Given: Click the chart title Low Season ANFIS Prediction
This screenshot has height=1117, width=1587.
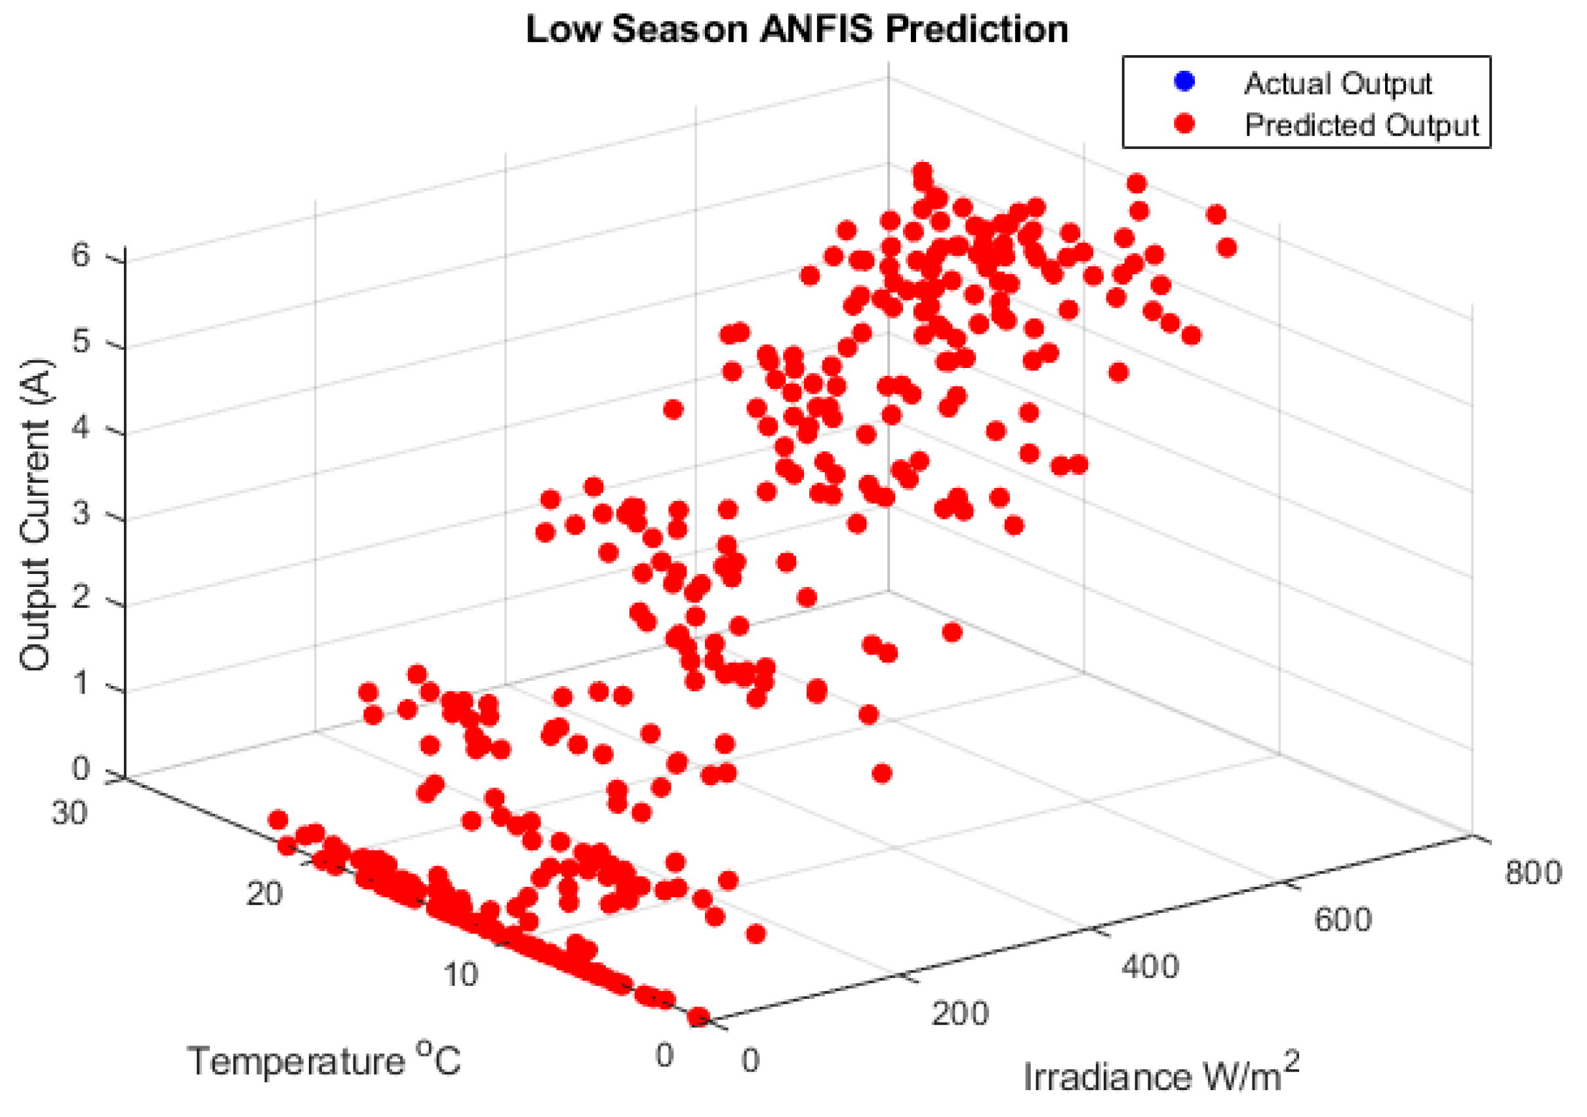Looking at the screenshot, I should (x=796, y=30).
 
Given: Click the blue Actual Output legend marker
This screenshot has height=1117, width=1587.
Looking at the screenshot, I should (x=1184, y=81).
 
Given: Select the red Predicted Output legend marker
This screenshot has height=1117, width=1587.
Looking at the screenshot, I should (x=1184, y=124).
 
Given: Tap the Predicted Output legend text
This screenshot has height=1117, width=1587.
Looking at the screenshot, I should (x=1361, y=125).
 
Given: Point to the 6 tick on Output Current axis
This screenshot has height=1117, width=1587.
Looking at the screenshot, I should (x=80, y=256).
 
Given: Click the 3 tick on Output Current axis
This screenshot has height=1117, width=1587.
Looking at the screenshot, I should (x=80, y=514).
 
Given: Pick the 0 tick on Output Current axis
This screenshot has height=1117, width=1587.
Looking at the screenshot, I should (x=80, y=769).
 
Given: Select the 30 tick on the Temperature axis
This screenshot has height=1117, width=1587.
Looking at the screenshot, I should (x=69, y=813).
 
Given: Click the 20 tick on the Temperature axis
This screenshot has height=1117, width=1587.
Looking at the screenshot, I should (x=265, y=895).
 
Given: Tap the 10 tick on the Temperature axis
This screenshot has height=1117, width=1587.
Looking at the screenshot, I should (x=460, y=975).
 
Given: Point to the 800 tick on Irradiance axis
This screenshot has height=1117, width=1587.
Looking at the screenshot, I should (x=1533, y=873).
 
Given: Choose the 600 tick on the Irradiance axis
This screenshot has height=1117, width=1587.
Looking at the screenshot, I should (x=1342, y=920).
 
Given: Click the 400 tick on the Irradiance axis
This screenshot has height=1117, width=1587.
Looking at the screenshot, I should (x=1150, y=967).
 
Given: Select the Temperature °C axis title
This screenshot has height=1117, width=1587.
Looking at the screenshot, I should (x=323, y=1060).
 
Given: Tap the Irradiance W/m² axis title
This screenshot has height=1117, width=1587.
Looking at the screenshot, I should (x=1161, y=1076).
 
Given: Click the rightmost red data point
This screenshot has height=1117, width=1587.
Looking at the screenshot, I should (x=1227, y=247).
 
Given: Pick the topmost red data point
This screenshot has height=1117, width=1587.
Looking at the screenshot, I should (x=922, y=171).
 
